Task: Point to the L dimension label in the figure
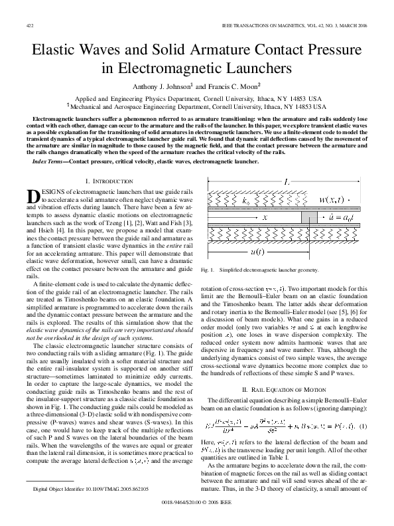coord(285,181)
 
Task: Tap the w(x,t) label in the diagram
coord(338,200)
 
